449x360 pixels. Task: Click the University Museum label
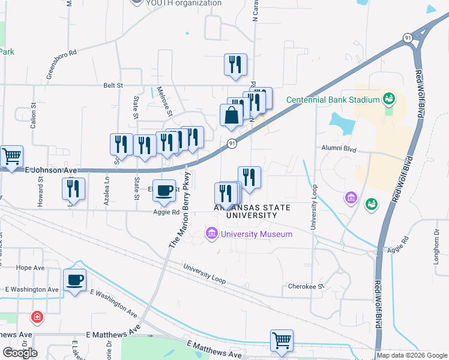click(x=256, y=233)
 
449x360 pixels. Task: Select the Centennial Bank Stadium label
click(x=333, y=99)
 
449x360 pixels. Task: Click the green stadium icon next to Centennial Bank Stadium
click(x=388, y=98)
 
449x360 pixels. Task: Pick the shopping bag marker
click(x=231, y=116)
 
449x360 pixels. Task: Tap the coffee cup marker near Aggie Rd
click(x=164, y=191)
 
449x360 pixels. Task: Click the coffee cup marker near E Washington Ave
click(x=74, y=280)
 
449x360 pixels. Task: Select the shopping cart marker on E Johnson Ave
click(x=11, y=157)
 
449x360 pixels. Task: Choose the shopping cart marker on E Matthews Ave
click(x=281, y=341)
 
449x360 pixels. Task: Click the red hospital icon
click(x=37, y=316)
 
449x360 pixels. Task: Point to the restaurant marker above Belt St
click(x=235, y=65)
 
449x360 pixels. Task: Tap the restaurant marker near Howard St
click(x=73, y=188)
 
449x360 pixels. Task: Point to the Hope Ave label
click(x=31, y=268)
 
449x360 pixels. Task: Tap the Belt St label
click(x=113, y=86)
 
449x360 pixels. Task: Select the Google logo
click(x=20, y=352)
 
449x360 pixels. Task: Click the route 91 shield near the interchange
click(x=407, y=38)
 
